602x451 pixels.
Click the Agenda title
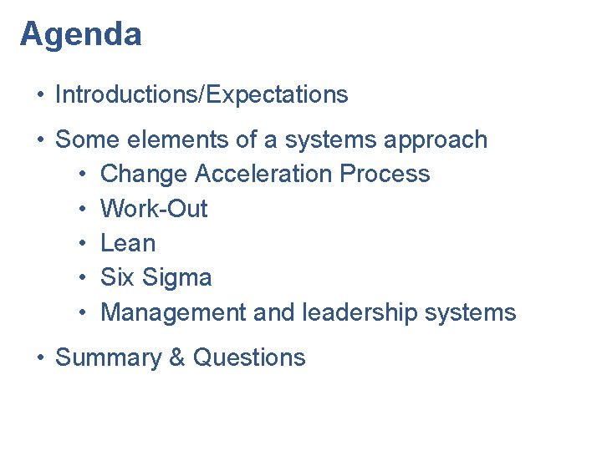(x=81, y=35)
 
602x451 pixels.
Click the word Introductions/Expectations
(x=202, y=95)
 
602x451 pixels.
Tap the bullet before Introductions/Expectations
(x=39, y=95)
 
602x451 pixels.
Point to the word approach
(x=436, y=140)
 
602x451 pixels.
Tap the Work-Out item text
(x=154, y=209)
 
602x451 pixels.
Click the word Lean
(x=128, y=243)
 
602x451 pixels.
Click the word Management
(x=172, y=312)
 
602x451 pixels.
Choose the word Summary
(x=108, y=358)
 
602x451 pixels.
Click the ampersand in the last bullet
(x=176, y=357)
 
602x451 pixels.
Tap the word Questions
(x=249, y=357)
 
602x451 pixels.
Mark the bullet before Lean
(x=84, y=243)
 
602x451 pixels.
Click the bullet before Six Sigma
(x=84, y=278)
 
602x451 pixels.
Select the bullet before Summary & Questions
(x=39, y=357)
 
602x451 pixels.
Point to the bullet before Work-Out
(x=84, y=209)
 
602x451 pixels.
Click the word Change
(x=144, y=174)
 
